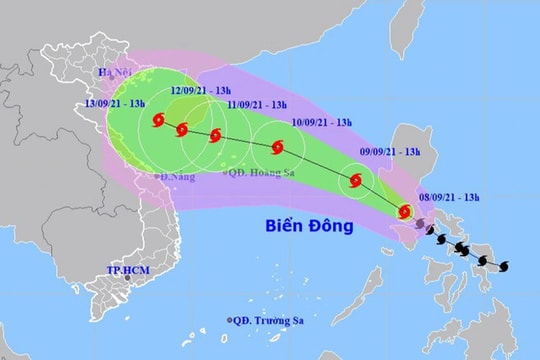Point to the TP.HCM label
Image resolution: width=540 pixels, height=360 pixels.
pyautogui.click(x=127, y=271)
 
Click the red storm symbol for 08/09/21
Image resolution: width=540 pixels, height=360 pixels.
pyautogui.click(x=405, y=211)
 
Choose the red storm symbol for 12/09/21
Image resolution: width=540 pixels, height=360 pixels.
pyautogui.click(x=182, y=129)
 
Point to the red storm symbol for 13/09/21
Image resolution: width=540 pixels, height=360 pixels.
pyautogui.click(x=158, y=121)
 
